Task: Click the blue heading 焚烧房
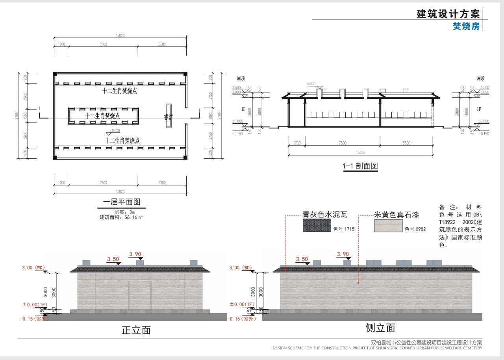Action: coord(466,26)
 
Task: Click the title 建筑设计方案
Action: coord(448,14)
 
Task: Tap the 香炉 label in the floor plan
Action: coord(169,117)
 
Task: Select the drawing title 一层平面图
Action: coord(121,202)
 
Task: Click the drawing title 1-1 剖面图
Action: coord(360,166)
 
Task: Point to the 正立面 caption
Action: coord(136,330)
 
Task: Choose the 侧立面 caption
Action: coord(380,328)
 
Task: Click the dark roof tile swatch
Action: coord(317,226)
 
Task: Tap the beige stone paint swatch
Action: coord(388,226)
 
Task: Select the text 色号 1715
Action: coord(341,229)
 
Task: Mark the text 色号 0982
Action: coord(415,229)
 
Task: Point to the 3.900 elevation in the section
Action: coord(311,84)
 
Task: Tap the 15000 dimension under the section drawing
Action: coord(360,152)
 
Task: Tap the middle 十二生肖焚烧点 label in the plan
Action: coord(102,115)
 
